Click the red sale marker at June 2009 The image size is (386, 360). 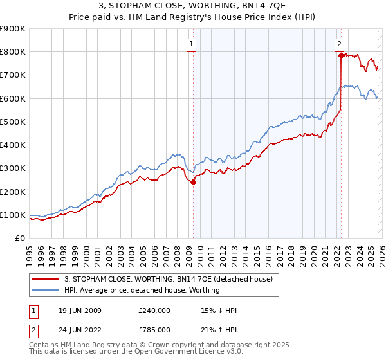[193, 182]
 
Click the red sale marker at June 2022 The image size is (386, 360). [340, 55]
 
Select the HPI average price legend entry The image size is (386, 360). [142, 290]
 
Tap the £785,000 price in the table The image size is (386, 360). [154, 330]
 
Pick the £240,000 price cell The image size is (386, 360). [154, 310]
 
